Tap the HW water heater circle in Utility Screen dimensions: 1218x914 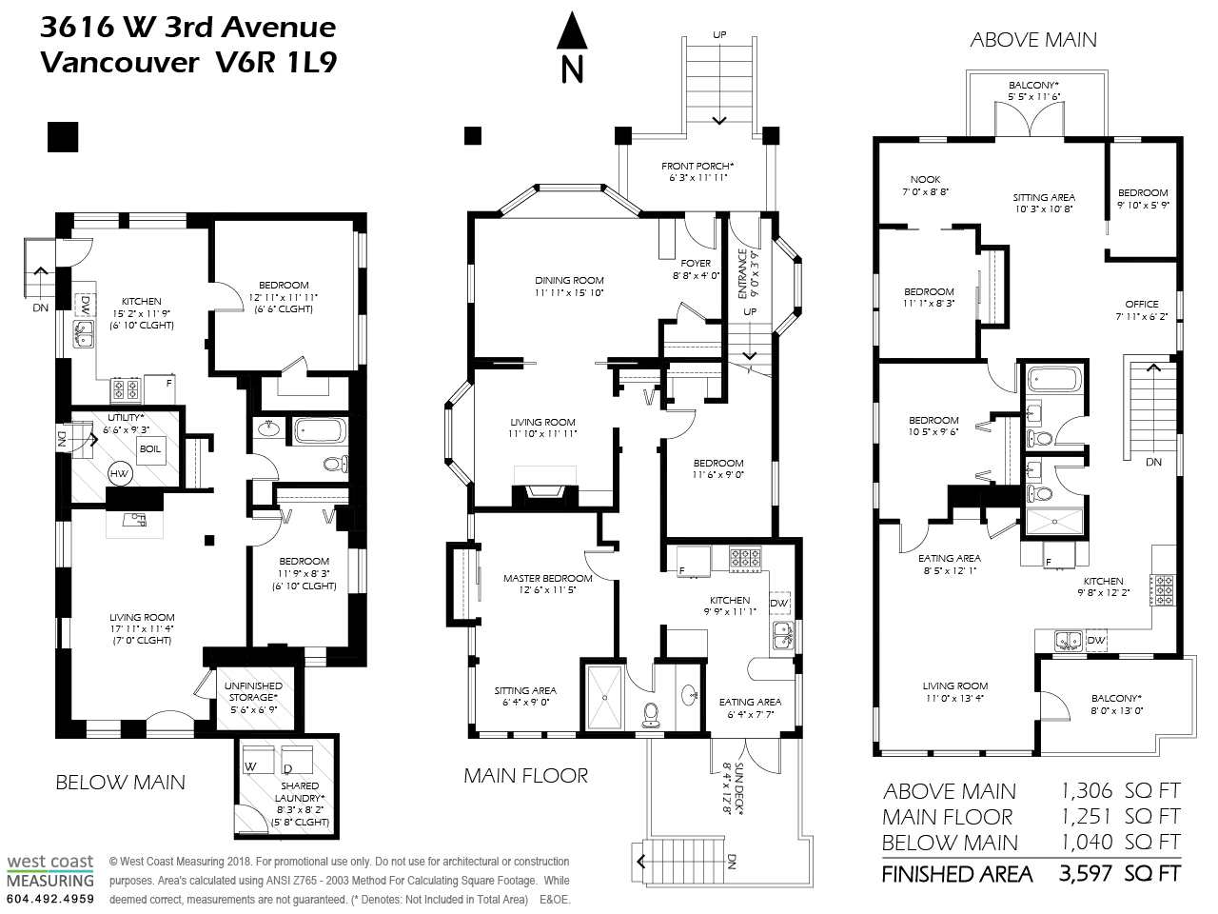(119, 473)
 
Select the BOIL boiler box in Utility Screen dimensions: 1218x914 (149, 448)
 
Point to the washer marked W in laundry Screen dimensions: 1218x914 (259, 760)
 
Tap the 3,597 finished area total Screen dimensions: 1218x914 (1086, 874)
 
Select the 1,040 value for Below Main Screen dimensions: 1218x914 (1086, 842)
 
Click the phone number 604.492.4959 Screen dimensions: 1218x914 (50, 899)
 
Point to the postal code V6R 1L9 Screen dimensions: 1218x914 (276, 62)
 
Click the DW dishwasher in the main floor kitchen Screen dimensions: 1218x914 (779, 604)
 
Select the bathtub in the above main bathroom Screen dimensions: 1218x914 (1054, 380)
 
